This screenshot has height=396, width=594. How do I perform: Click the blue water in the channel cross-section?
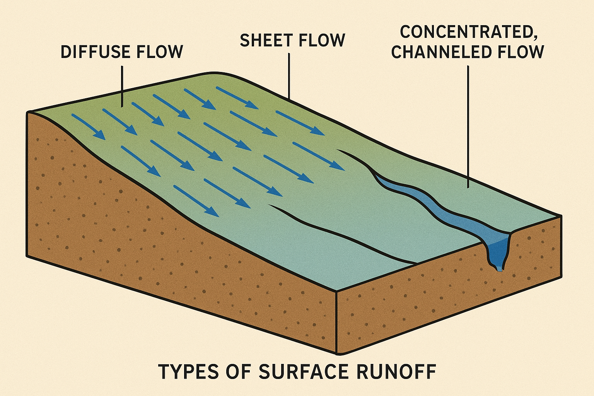497,251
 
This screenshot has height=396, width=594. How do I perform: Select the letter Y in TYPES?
175,372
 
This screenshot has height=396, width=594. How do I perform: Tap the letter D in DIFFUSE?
66,52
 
